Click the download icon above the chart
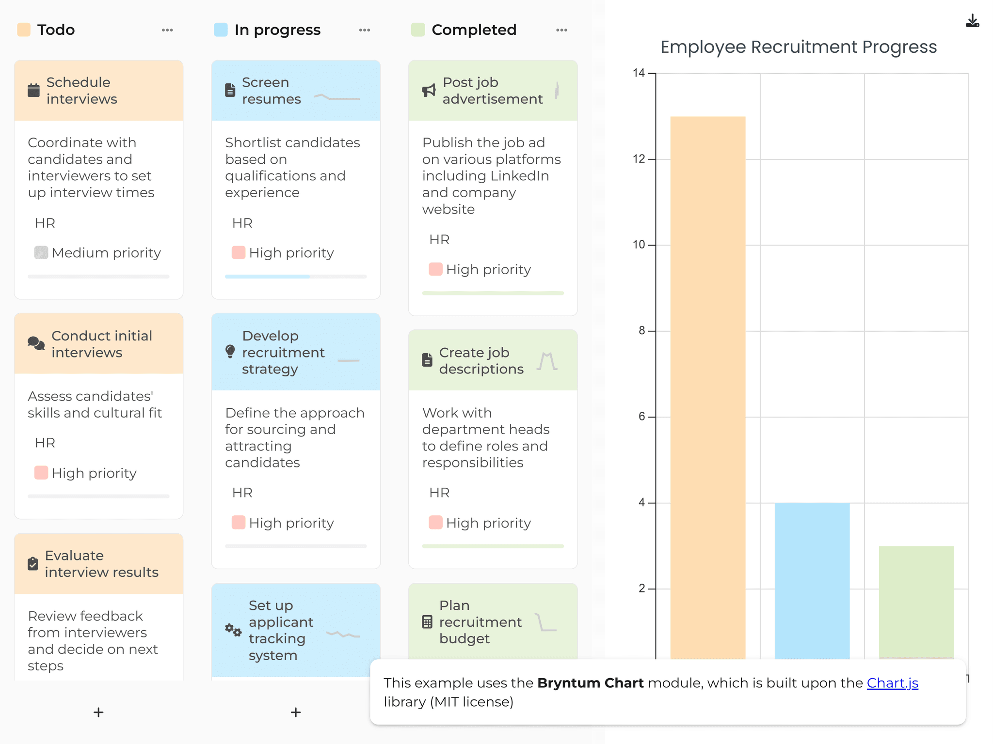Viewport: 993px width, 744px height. pos(972,21)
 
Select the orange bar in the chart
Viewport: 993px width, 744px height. pos(707,387)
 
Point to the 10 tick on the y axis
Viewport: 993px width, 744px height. pos(639,245)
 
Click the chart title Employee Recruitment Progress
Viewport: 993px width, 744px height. pos(798,47)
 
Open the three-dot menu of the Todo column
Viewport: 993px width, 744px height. pos(167,30)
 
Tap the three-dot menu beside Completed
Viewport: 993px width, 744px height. pos(561,30)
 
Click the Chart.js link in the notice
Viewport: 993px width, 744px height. pos(892,683)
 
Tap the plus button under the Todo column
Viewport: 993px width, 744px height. pos(98,712)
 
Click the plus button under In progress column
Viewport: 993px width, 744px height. pos(296,712)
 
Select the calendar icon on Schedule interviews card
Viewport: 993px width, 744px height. pos(33,90)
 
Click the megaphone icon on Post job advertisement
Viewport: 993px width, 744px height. pos(429,90)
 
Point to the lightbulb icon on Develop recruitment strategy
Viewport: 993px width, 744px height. pos(230,352)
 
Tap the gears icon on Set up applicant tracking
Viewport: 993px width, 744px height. pos(233,630)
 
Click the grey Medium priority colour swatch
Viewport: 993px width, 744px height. pos(41,252)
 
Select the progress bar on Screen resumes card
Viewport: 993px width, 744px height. pos(295,277)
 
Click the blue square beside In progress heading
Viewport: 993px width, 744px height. pos(221,30)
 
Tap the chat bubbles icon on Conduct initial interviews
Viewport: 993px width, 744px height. pos(36,343)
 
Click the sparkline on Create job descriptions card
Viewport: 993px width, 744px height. pos(547,361)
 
